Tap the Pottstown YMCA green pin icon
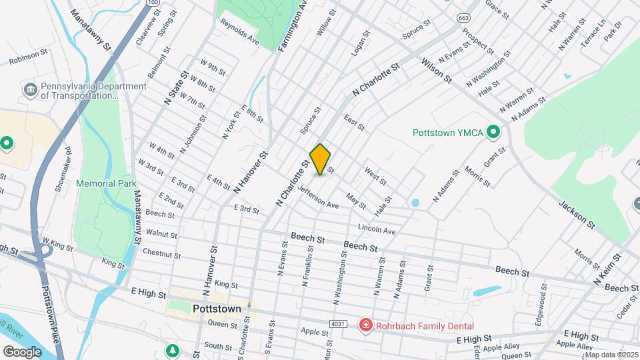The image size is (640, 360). (493, 133)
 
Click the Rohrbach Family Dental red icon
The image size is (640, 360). (365, 326)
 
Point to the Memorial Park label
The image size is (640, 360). (106, 183)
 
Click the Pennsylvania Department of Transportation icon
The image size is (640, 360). (30, 90)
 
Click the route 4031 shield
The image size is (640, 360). (338, 324)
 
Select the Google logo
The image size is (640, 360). (23, 351)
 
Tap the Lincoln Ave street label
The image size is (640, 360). (377, 229)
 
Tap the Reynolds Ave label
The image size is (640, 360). (239, 31)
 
